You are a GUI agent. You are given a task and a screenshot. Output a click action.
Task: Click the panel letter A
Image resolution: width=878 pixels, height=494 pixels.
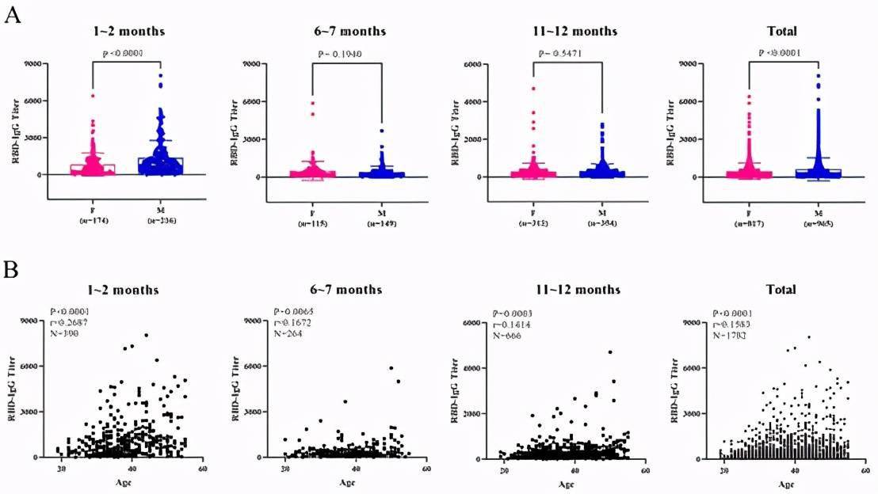click(12, 16)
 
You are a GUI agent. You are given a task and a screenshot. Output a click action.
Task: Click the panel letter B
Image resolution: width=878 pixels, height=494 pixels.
click(12, 269)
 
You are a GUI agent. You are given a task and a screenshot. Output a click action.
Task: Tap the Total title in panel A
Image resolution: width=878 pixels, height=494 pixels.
click(781, 32)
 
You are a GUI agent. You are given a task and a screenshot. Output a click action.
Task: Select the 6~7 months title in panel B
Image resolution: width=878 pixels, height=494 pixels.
click(343, 290)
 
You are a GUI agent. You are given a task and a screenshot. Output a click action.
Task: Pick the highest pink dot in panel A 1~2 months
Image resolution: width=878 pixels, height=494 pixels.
click(93, 96)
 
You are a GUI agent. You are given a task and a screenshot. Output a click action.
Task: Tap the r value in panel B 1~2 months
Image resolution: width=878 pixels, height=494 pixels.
click(69, 323)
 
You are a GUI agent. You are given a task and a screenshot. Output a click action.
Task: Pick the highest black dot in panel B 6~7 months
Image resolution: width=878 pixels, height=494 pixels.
click(391, 368)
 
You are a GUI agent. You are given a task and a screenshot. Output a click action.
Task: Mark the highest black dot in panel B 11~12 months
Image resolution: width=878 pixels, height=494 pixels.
click(610, 352)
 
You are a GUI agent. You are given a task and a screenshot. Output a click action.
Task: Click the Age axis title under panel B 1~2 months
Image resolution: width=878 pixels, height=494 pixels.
click(125, 482)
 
